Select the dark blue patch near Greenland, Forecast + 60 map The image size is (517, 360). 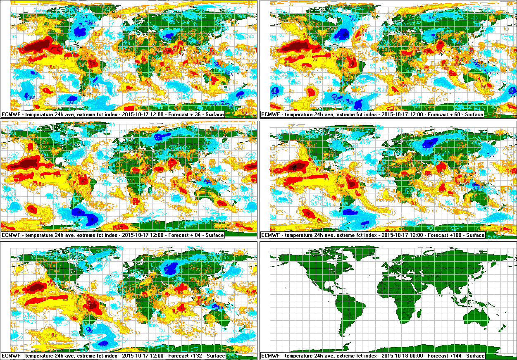click(342, 33)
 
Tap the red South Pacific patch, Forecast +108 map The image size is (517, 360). click(307, 213)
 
